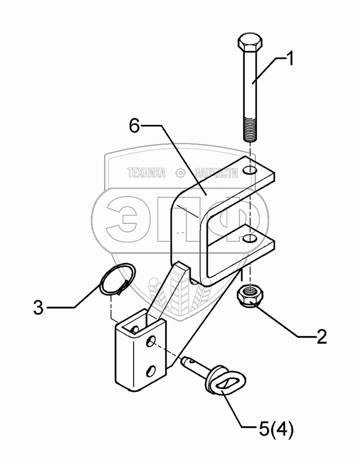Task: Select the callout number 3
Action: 39,308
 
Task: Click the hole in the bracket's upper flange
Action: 250,170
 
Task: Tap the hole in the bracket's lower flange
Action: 250,238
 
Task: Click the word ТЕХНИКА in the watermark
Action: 146,174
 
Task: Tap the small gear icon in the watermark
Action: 180,174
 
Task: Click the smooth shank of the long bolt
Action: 250,88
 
